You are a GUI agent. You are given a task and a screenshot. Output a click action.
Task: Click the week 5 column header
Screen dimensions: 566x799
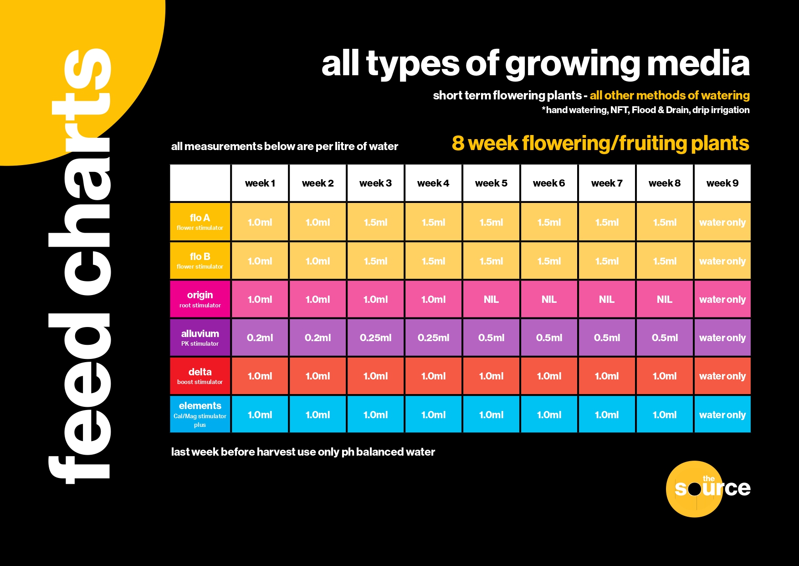491,183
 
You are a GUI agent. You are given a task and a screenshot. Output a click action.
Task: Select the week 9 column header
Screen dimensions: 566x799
722,183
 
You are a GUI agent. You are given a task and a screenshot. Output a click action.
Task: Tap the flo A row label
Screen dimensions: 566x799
200,222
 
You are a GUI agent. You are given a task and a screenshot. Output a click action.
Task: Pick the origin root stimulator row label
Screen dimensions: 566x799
200,299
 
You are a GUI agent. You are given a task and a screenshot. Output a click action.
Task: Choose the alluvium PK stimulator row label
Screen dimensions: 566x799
200,338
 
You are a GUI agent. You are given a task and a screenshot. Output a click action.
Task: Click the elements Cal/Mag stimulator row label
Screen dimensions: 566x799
200,414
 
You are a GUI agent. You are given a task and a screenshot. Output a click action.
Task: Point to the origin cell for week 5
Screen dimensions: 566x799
491,299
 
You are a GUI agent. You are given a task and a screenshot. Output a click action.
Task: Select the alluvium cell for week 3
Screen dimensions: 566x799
375,338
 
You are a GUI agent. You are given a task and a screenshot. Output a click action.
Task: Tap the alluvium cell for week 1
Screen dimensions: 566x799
260,338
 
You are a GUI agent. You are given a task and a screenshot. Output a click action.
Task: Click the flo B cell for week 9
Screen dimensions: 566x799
722,261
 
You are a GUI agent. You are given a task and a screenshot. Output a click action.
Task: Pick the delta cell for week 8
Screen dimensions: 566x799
665,376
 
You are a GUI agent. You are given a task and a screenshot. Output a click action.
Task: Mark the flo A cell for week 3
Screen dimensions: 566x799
375,222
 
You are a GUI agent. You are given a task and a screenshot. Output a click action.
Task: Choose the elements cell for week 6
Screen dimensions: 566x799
549,415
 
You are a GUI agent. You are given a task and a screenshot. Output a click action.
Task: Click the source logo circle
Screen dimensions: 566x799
694,489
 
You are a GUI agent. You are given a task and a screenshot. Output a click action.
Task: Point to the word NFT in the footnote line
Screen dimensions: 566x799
619,110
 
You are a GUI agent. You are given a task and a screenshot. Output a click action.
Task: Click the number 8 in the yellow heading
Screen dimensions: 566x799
458,143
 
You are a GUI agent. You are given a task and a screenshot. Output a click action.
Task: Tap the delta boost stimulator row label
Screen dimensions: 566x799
200,376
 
